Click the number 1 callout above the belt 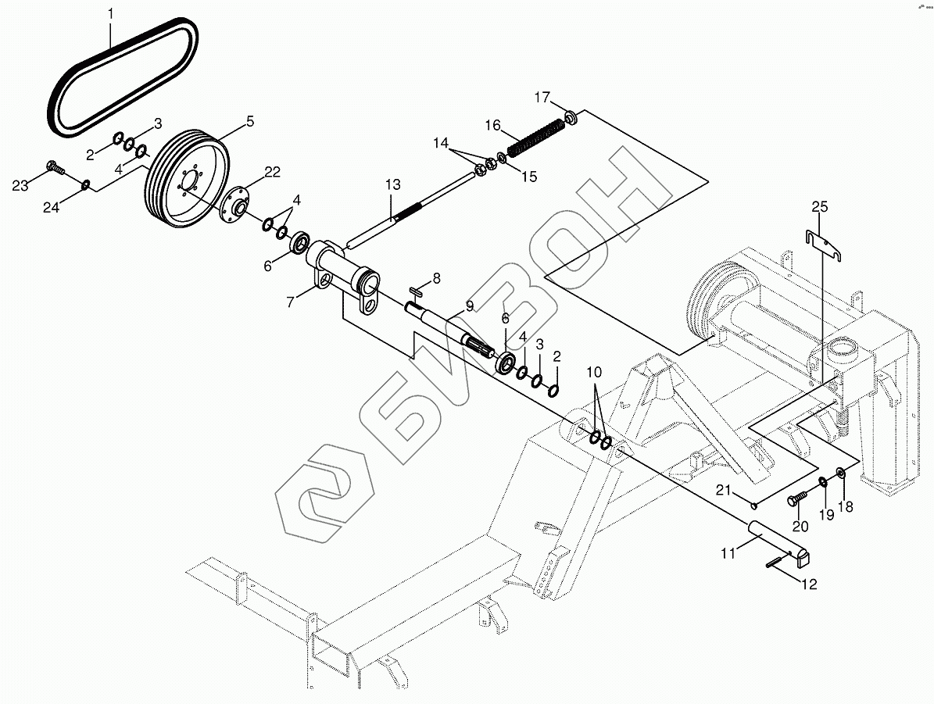(x=111, y=13)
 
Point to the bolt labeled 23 (x=55, y=166)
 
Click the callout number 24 (x=51, y=207)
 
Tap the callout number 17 (x=542, y=97)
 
